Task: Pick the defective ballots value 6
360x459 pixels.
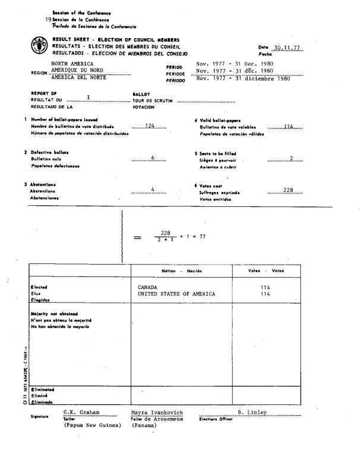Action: (x=153, y=158)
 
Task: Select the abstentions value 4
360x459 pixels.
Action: (x=153, y=189)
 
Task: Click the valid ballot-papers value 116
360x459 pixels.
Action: (x=289, y=126)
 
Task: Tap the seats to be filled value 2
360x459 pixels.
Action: (x=292, y=158)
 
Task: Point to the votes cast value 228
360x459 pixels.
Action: (x=288, y=190)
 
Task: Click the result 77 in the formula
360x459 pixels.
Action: (x=203, y=236)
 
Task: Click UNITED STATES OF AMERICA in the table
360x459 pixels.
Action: (x=176, y=294)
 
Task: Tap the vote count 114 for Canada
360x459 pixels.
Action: (x=265, y=287)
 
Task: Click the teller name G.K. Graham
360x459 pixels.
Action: (x=81, y=411)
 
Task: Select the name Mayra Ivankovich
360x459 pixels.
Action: (x=157, y=412)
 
